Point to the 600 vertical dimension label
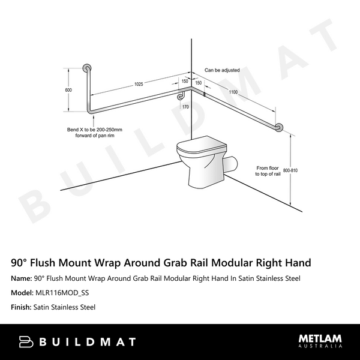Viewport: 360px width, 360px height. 68,90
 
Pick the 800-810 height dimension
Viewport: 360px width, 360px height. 290,170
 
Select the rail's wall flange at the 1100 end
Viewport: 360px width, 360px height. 279,128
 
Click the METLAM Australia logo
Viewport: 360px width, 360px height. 320,341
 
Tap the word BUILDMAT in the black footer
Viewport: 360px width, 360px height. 87,342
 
